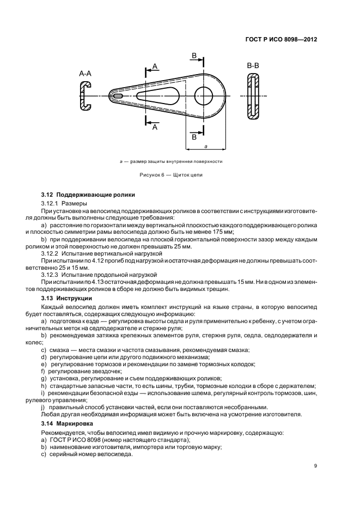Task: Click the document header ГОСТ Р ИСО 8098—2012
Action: [282, 39]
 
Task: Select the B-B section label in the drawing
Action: [253, 66]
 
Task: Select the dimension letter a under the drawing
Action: [205, 147]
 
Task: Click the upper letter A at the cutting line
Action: [155, 66]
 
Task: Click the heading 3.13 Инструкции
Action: [66, 299]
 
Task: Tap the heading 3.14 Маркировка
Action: [67, 423]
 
